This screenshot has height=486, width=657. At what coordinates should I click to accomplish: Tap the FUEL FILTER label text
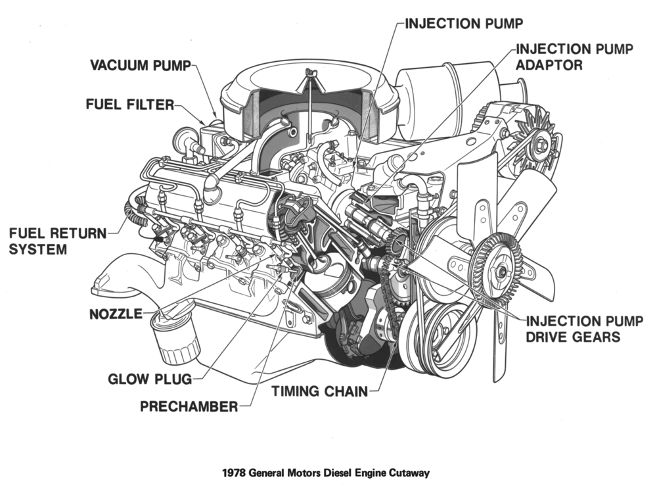click(129, 105)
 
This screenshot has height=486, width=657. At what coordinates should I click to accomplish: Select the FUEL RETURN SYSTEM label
click(56, 241)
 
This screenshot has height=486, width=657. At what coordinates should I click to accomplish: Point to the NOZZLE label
click(116, 314)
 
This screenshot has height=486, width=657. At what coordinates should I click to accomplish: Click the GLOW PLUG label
click(150, 379)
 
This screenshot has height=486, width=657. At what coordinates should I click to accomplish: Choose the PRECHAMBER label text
click(189, 406)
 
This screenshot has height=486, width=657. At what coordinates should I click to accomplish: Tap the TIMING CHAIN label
click(319, 391)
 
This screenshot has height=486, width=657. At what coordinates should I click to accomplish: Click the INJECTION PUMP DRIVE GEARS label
click(572, 329)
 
